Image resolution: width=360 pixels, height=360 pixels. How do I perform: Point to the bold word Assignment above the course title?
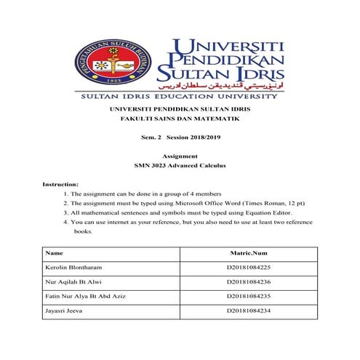[x=180, y=156]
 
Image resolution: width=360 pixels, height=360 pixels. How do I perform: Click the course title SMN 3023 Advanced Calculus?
[x=180, y=166]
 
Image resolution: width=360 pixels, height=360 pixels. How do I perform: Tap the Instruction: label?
[x=60, y=185]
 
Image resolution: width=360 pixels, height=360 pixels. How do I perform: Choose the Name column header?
[x=55, y=253]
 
